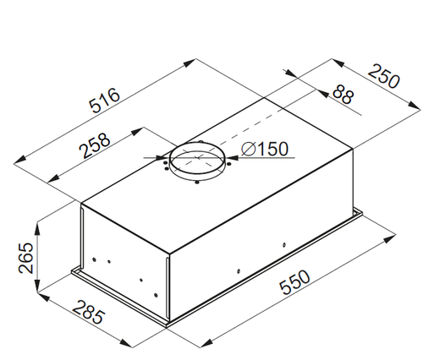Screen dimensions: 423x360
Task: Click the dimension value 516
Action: [105, 101]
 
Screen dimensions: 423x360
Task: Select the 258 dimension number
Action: [95, 145]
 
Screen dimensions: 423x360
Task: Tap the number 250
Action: [384, 76]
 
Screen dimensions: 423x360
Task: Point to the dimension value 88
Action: [343, 95]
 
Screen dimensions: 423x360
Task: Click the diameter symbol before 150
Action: [249, 149]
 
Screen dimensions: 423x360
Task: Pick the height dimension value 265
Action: [25, 258]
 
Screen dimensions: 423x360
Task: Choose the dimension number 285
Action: [89, 312]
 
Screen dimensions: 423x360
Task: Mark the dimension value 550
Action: [294, 282]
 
